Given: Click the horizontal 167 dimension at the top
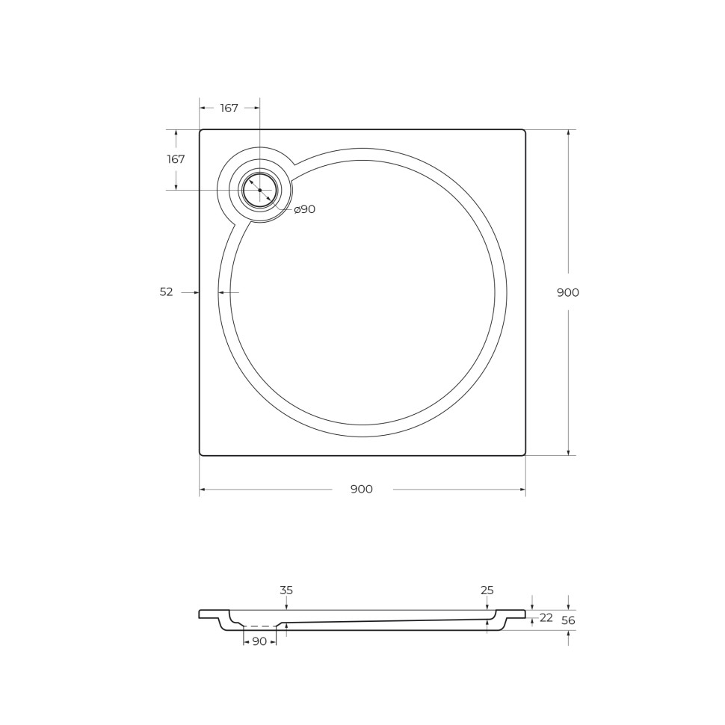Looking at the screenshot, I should point(229,108).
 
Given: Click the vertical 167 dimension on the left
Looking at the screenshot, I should point(176,159).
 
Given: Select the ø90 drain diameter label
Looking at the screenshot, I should point(304,209).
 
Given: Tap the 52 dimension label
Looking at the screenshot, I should point(166,292).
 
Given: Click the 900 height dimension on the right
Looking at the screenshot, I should point(568,292).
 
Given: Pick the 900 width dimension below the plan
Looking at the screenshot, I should point(362,490).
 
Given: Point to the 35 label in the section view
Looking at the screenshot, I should point(286,590).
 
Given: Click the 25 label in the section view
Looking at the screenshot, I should point(487,590).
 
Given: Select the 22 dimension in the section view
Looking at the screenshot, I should point(546,617).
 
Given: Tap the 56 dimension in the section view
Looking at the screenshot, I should point(568,620).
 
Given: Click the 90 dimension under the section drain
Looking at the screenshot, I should point(259,641).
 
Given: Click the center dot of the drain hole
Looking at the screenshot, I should point(260,191).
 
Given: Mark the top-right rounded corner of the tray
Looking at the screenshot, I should point(523,132).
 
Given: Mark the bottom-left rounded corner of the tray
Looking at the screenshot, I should point(202,453).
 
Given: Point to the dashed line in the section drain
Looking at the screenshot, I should point(259,626).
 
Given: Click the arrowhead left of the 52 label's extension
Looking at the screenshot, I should point(197,292).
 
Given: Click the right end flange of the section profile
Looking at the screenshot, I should point(516,614).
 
